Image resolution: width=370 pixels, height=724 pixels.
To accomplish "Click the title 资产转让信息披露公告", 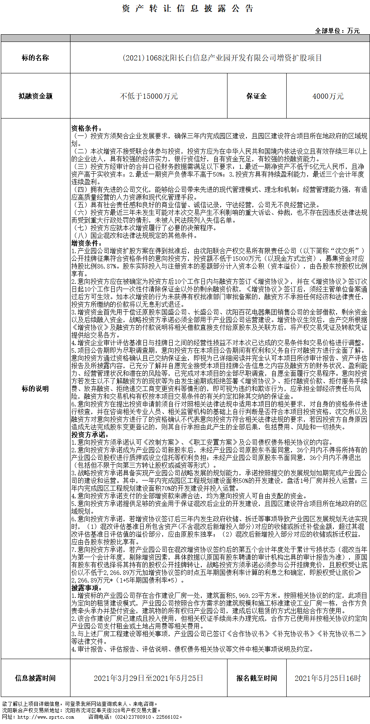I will [x=188, y=9].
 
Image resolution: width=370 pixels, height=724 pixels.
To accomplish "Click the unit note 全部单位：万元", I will [x=337, y=31].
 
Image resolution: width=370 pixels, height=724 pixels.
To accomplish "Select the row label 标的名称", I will [x=35, y=58].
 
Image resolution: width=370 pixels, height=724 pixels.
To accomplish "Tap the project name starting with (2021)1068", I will [x=222, y=58].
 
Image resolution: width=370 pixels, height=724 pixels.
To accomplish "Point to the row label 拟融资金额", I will [x=35, y=96].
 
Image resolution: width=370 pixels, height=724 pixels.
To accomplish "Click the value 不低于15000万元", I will [x=149, y=96].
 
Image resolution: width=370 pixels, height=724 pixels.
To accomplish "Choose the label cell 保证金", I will [x=256, y=96].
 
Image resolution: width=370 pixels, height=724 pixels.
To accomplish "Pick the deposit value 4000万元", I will [x=328, y=96].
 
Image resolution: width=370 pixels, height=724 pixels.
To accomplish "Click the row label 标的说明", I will [x=35, y=389].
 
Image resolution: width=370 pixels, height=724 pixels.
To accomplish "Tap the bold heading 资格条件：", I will [x=87, y=128].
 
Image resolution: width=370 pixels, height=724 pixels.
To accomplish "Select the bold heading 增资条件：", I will [x=87, y=243].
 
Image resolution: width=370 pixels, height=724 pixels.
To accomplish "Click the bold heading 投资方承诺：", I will [x=90, y=435].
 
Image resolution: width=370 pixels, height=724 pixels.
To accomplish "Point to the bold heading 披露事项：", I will [x=87, y=588].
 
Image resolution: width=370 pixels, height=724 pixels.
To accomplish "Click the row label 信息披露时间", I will [x=35, y=678].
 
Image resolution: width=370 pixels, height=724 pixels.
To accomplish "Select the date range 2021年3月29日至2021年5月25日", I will [x=149, y=678].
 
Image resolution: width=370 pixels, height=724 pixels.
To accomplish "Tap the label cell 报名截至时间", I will [x=256, y=678].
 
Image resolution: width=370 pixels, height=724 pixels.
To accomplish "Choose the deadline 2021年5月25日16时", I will [x=328, y=678].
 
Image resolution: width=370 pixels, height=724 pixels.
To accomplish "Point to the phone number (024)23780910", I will [x=133, y=717].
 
